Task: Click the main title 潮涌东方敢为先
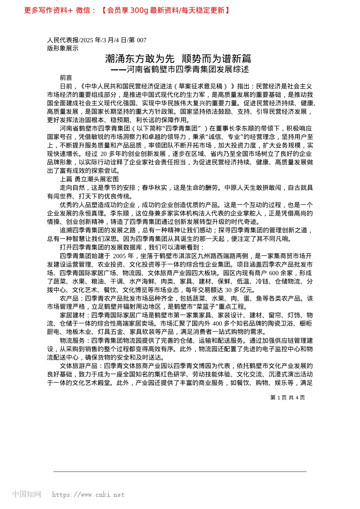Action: click(140, 59)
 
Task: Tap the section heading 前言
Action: click(66, 78)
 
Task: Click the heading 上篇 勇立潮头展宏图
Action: click(89, 179)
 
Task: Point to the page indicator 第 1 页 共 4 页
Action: click(288, 398)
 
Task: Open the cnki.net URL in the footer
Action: click(88, 495)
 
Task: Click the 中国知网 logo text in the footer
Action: click(27, 494)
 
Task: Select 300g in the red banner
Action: click(139, 11)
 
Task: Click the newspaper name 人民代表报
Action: click(63, 40)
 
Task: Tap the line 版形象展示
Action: click(63, 48)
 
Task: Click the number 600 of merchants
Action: click(274, 273)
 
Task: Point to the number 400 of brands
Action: click(217, 323)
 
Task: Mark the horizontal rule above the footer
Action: click(180, 472)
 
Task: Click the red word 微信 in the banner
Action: click(83, 11)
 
